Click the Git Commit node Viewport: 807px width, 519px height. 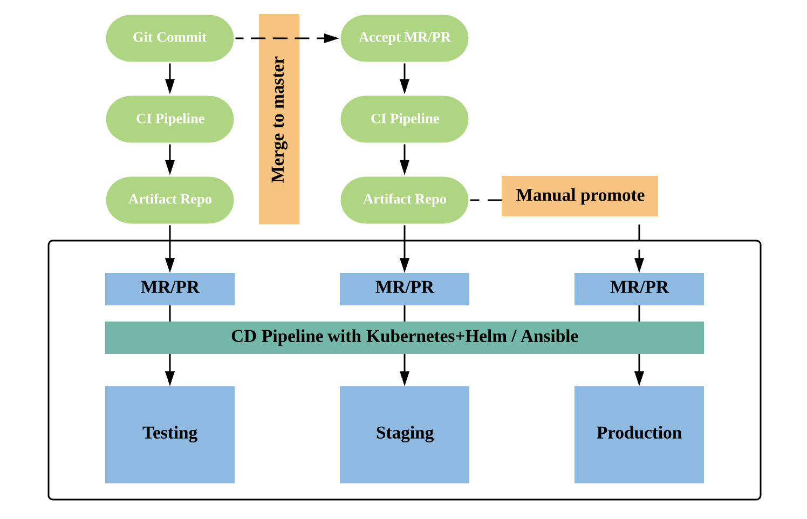[169, 38]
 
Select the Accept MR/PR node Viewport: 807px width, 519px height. [404, 38]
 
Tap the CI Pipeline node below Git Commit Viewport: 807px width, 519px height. [169, 119]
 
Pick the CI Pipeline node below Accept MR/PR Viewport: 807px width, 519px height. [404, 119]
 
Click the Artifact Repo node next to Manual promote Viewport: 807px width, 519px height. [404, 200]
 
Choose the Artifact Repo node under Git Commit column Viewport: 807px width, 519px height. [169, 200]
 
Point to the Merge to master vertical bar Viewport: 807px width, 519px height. [279, 119]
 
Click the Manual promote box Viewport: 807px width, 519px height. [579, 196]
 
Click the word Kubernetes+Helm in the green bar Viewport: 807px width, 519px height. [436, 337]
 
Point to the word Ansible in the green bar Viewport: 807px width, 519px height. [549, 337]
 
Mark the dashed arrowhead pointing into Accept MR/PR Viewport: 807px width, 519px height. [331, 38]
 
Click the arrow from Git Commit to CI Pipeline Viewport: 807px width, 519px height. [169, 78]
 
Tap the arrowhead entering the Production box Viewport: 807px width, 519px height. [639, 378]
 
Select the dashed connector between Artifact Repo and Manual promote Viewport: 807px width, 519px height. [485, 200]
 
